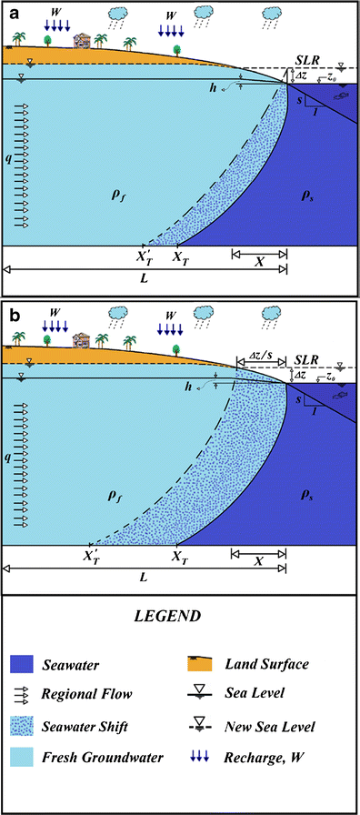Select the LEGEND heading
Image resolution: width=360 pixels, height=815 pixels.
(178, 622)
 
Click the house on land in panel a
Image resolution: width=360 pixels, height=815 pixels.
(83, 41)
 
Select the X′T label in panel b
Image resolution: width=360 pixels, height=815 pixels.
(92, 555)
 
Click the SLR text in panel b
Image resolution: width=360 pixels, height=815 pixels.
(309, 361)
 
